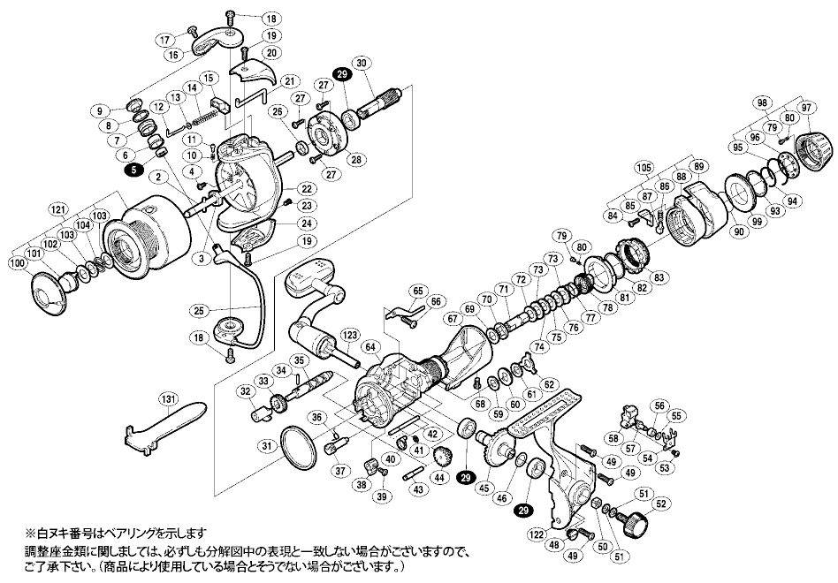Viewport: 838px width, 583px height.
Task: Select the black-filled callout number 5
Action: (133, 170)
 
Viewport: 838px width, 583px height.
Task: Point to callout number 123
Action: (350, 336)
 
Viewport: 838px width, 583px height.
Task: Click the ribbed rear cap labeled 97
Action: (814, 150)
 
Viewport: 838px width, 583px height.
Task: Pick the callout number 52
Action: (660, 503)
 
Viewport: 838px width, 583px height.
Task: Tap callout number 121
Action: (73, 209)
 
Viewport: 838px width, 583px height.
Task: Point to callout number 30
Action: (362, 63)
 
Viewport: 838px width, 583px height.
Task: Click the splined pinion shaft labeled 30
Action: (382, 104)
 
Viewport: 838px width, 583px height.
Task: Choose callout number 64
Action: (371, 347)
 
